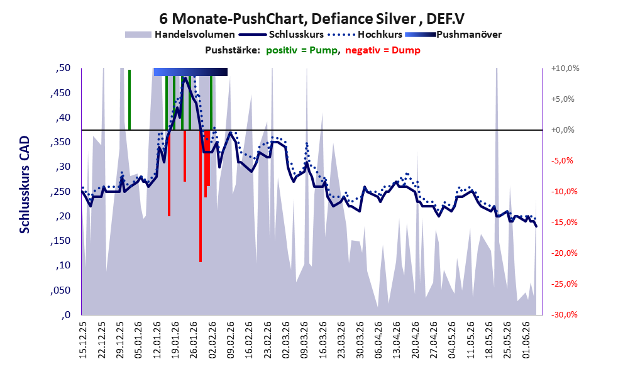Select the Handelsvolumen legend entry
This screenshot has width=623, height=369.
tap(180, 35)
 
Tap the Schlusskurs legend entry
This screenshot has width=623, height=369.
tap(281, 35)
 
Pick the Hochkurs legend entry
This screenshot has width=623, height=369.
tap(365, 35)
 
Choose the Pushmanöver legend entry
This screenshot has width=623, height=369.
tap(453, 35)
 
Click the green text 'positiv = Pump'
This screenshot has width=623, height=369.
tap(302, 50)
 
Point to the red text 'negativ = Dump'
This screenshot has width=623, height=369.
tap(383, 50)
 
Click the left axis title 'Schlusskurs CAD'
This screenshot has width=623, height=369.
tap(25, 185)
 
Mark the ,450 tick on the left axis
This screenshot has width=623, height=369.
tap(60, 93)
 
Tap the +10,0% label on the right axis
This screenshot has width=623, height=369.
tap(565, 69)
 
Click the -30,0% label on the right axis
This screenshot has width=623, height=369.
tap(564, 314)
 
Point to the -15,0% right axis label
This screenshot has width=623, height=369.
tap(564, 223)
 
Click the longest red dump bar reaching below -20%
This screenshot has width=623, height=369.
tap(201, 196)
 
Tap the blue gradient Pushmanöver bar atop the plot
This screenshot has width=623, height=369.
tap(190, 72)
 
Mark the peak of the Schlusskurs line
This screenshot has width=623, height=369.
tap(185, 77)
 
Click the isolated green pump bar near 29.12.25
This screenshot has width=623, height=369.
tap(130, 100)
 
